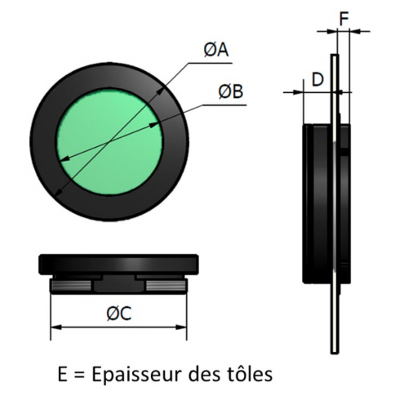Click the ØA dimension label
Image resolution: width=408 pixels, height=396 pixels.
[216, 51]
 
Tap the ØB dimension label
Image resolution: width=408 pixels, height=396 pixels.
[231, 91]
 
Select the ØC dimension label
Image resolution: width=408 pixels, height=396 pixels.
[119, 314]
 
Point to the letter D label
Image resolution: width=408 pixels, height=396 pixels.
[317, 80]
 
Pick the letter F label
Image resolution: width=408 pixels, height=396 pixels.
[344, 19]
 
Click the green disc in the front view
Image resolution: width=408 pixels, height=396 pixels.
[109, 142]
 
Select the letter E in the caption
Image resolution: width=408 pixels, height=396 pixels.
[62, 375]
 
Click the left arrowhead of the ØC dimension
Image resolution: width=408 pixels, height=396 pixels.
[56, 327]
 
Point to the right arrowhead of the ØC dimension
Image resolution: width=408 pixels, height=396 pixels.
[182, 327]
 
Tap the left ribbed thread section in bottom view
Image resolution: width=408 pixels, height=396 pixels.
[70, 286]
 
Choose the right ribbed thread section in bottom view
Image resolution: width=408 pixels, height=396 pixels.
[166, 286]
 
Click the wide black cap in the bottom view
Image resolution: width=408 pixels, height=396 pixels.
[118, 265]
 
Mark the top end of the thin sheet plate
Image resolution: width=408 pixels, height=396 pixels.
[335, 54]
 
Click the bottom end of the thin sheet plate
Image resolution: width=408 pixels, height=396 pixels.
[335, 354]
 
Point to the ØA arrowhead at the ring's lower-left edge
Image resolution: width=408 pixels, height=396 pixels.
[58, 193]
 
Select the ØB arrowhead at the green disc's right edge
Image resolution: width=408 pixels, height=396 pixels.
[154, 125]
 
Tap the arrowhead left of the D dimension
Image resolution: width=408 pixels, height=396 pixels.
[298, 92]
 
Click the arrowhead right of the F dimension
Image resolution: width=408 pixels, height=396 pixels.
[355, 32]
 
